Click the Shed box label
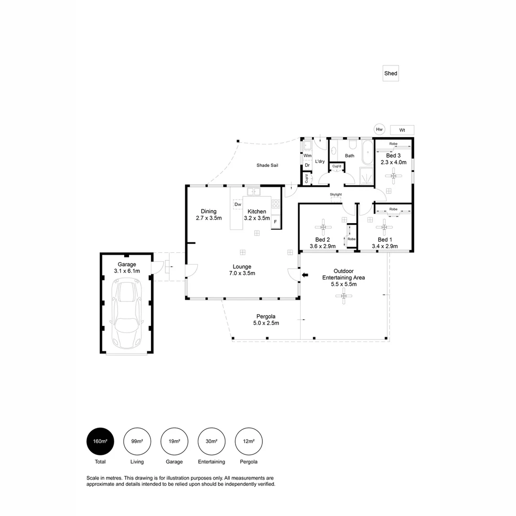(x=390, y=74)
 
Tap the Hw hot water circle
(x=379, y=129)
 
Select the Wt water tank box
(x=402, y=130)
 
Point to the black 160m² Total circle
(x=100, y=441)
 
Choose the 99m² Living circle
(x=137, y=441)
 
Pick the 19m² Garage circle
(x=174, y=441)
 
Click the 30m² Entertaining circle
(x=212, y=441)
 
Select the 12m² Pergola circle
(x=249, y=441)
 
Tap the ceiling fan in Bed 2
(x=323, y=226)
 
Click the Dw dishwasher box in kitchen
(x=237, y=204)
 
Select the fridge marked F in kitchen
(x=275, y=222)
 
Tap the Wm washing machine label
(x=307, y=156)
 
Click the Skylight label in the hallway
(x=336, y=194)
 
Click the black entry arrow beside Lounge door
(x=305, y=275)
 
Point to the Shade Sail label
(x=267, y=165)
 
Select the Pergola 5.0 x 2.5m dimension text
(x=266, y=323)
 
